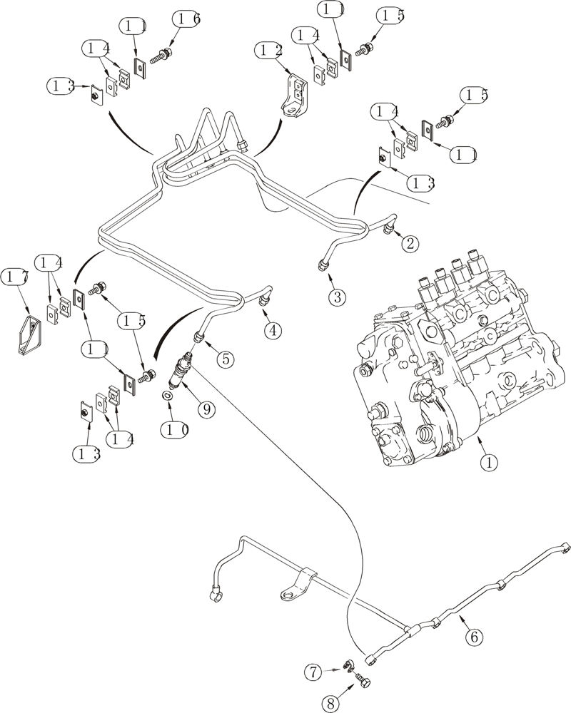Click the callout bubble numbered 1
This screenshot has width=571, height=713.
click(488, 462)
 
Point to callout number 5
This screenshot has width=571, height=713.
click(225, 359)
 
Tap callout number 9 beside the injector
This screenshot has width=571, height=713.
click(206, 409)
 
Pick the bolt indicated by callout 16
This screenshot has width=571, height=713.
click(166, 52)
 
